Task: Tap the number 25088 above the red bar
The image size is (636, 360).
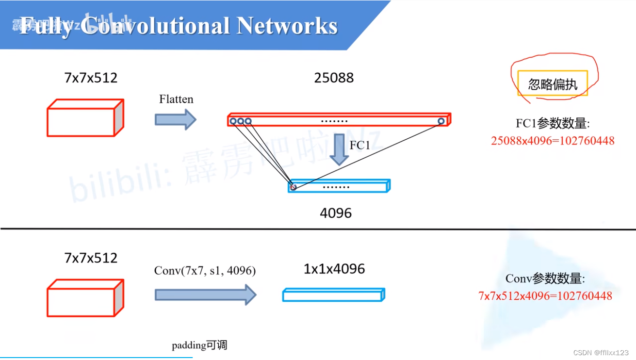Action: [x=334, y=77]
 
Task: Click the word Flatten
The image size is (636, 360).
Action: [x=176, y=99]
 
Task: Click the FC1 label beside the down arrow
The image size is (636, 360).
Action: [x=360, y=145]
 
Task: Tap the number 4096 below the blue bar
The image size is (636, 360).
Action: [x=336, y=213]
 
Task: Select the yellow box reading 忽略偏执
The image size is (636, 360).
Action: [x=553, y=83]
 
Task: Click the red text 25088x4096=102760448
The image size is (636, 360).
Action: [x=553, y=141]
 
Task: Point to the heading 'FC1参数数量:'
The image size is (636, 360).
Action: [x=553, y=123]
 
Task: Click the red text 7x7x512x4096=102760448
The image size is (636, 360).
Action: [x=545, y=295]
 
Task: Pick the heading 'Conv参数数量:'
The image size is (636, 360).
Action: [x=545, y=278]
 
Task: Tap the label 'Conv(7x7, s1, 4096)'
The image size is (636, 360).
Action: [x=205, y=271]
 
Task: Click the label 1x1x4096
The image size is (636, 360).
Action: [x=334, y=269]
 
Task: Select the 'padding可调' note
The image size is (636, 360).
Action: [x=199, y=345]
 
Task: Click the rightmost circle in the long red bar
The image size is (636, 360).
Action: [x=441, y=121]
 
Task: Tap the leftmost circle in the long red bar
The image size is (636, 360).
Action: [x=233, y=121]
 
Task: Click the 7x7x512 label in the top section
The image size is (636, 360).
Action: [x=91, y=77]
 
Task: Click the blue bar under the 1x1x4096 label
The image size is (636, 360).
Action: [x=333, y=295]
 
